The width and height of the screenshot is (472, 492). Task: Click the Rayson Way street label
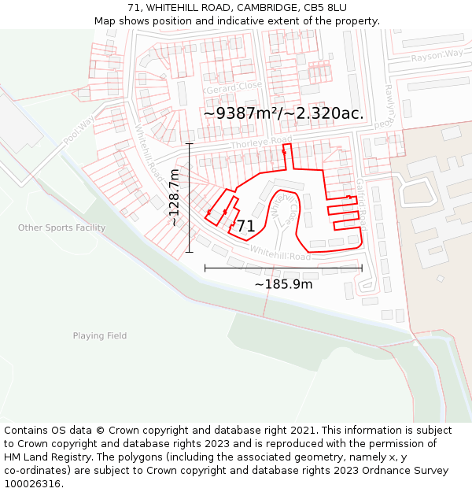437,55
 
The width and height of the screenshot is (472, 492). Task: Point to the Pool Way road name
79,128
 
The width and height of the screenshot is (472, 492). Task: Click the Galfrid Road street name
361,202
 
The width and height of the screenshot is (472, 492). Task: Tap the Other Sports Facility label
61,228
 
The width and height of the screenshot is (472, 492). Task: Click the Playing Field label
100,336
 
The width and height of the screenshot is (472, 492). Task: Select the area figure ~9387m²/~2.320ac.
283,113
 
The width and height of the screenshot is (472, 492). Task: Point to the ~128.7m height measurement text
175,198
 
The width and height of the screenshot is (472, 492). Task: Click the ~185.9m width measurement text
283,284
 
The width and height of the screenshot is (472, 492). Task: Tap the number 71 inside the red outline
245,227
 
